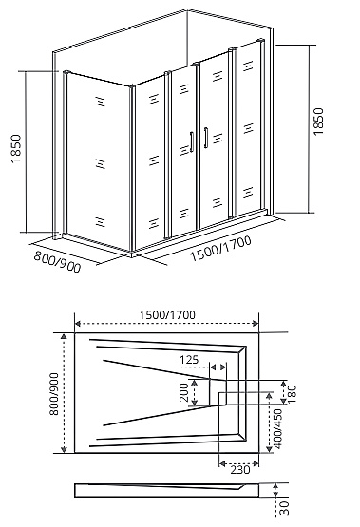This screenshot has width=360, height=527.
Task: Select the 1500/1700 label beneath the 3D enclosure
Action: tap(220, 250)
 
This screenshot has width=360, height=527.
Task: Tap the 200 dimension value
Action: tap(183, 390)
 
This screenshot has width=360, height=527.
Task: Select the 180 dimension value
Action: tap(293, 391)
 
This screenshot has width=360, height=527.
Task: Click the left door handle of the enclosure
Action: tap(193, 141)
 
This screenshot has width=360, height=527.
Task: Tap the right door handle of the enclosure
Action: tap(202, 138)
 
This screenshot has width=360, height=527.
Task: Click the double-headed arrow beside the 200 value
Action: tap(195, 391)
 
